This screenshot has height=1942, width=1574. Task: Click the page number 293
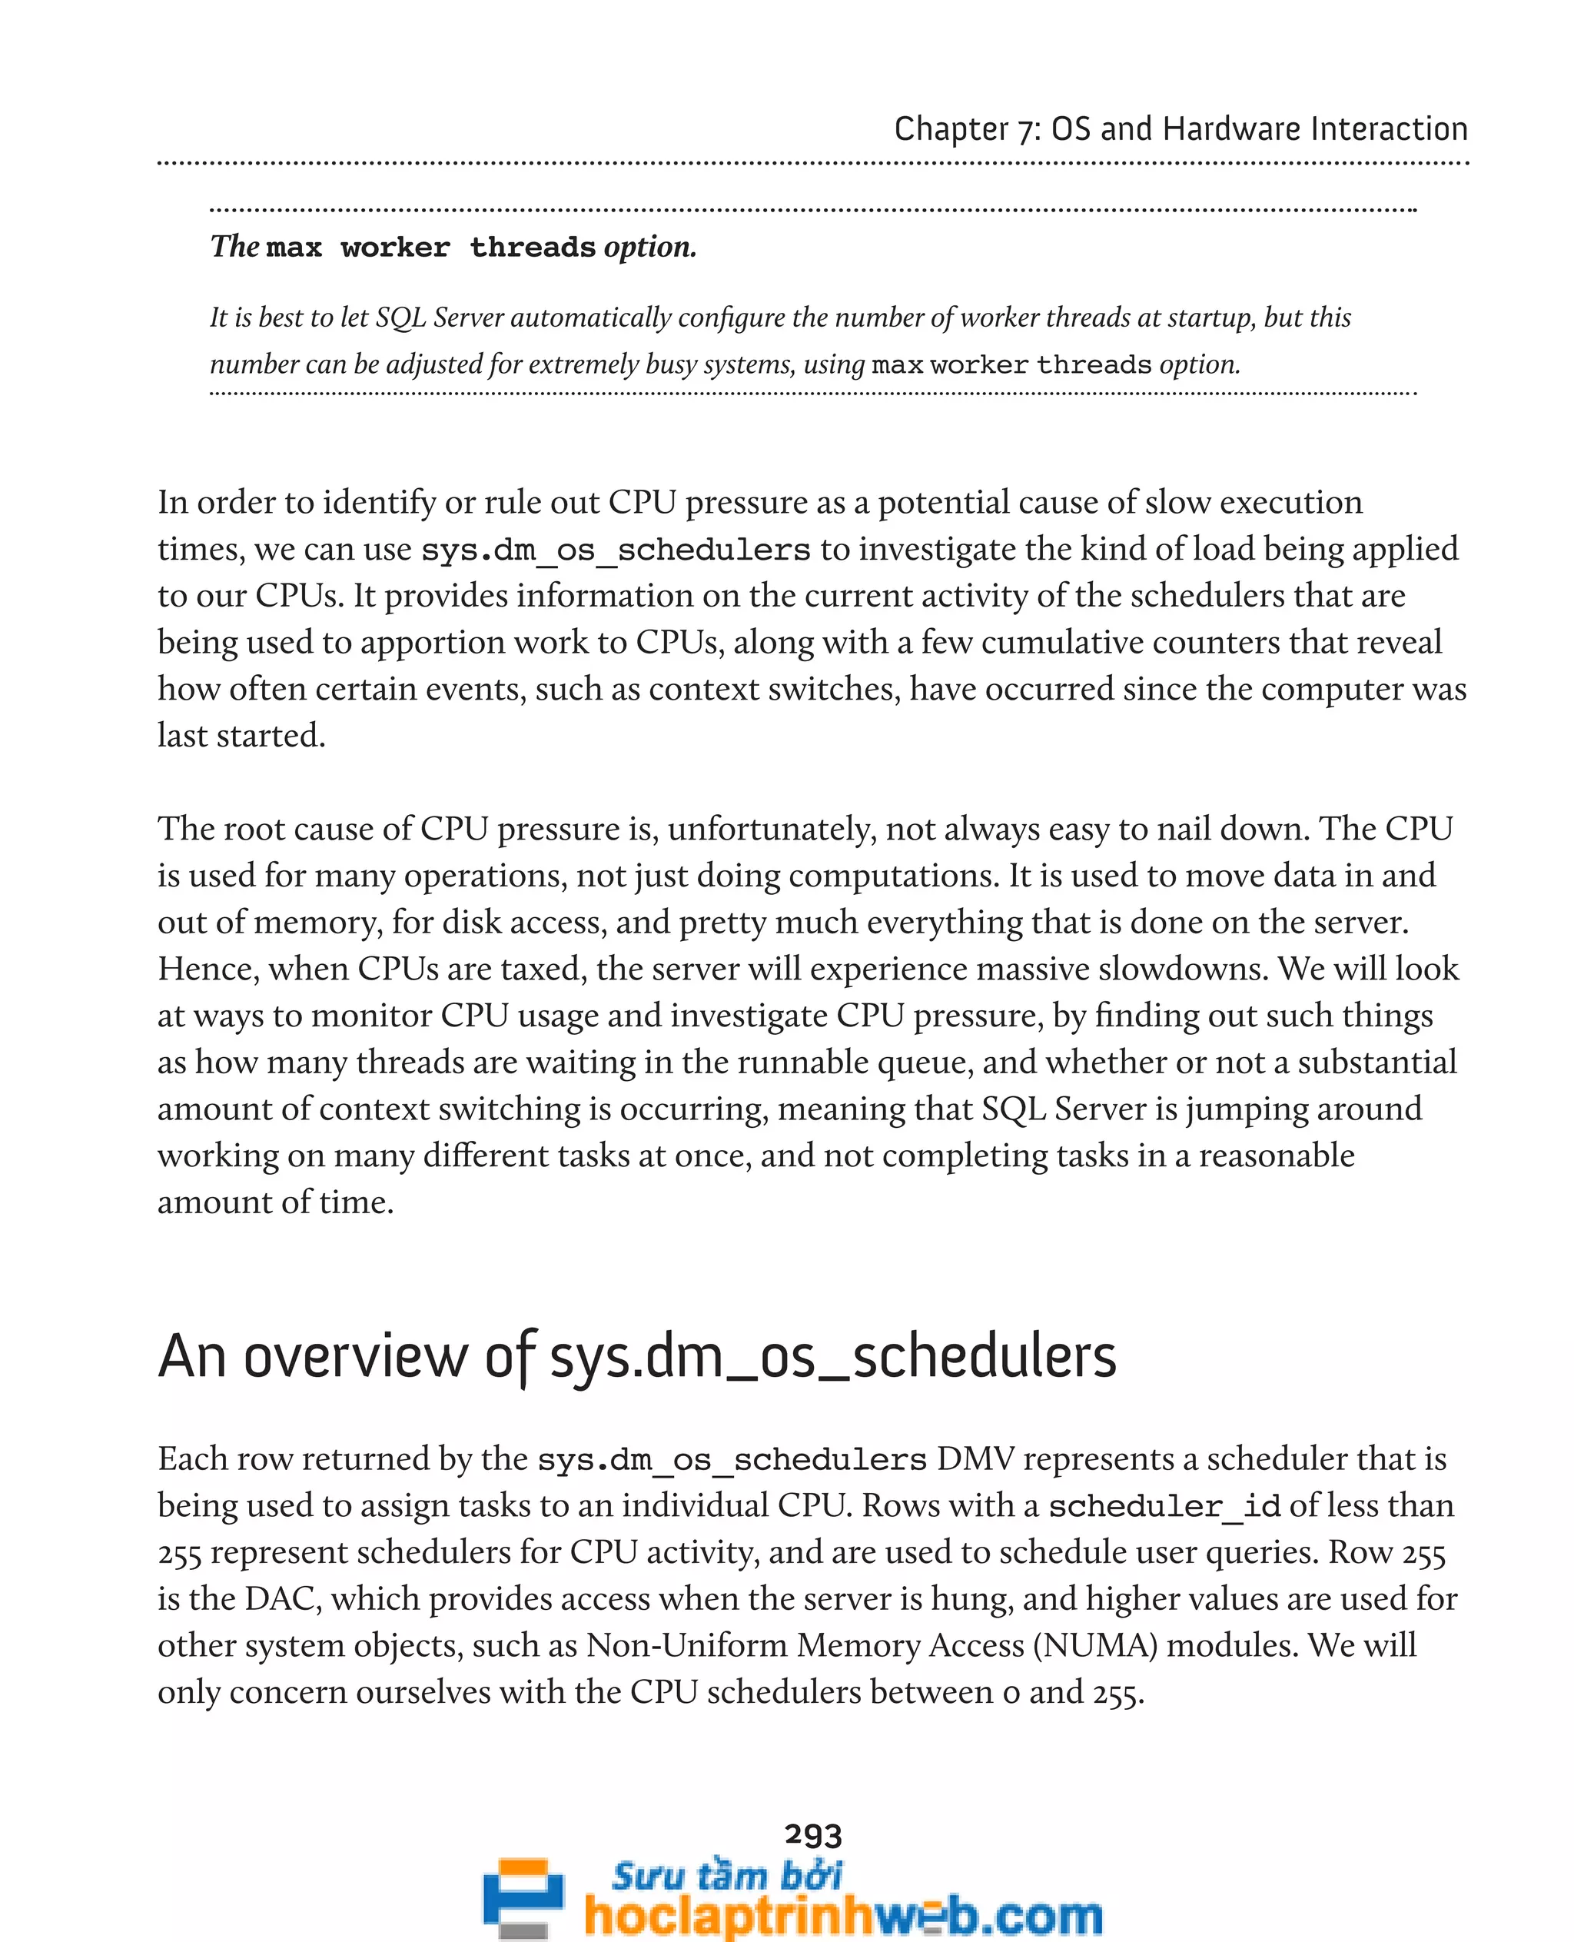pos(813,1835)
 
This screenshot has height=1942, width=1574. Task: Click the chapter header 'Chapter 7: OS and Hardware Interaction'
pos(1180,129)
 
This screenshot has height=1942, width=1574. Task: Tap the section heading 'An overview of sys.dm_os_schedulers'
pos(636,1357)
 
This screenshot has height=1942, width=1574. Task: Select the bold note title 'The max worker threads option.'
pos(453,247)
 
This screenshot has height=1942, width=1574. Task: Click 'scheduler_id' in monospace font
pos(1164,1507)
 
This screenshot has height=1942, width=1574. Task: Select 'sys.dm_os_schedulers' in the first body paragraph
pos(616,550)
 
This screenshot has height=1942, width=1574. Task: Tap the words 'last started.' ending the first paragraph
pos(241,736)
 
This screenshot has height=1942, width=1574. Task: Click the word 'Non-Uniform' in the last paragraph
pos(686,1644)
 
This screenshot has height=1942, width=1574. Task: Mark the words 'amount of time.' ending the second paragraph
pos(276,1202)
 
